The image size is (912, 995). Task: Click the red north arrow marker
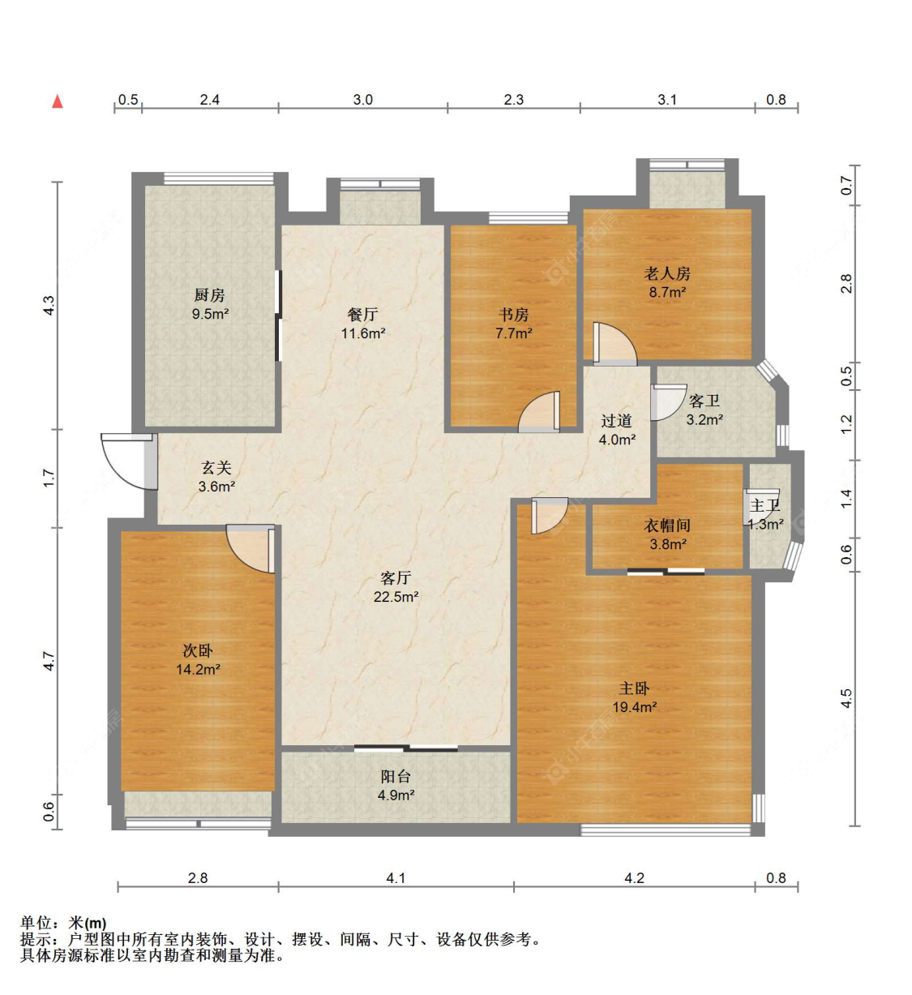[x=58, y=101]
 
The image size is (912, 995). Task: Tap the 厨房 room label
[x=209, y=296]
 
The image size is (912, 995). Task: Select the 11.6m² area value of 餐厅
[x=363, y=333]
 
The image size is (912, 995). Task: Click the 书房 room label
[x=514, y=315]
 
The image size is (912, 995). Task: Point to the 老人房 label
[x=667, y=273]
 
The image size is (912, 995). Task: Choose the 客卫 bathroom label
[x=704, y=401]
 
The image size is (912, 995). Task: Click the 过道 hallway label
[x=616, y=421]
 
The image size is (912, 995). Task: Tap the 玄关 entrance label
[x=216, y=467]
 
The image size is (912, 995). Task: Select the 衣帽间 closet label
[x=667, y=525]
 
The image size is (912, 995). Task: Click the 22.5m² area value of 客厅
[x=396, y=597]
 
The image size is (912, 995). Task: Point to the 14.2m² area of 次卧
[x=198, y=670]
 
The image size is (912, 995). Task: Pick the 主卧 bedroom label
[x=634, y=688]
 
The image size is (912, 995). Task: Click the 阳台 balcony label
[x=396, y=777]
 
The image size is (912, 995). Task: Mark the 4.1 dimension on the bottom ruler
[x=396, y=878]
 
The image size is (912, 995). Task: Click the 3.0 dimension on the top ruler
[x=363, y=100]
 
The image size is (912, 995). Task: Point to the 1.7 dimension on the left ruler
[x=49, y=478]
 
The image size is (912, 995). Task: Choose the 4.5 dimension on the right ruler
[x=846, y=698]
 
